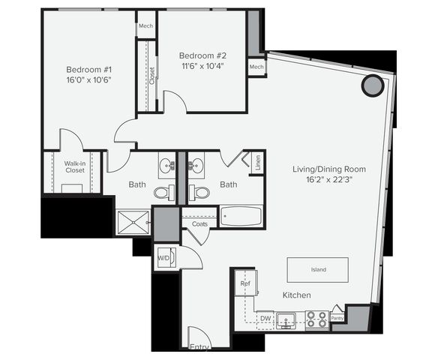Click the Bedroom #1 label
[x=88, y=70]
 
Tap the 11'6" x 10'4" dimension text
[x=202, y=67]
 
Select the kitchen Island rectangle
[x=318, y=270]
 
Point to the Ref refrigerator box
[x=246, y=283]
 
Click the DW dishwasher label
[x=265, y=319]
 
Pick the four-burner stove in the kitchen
[x=316, y=319]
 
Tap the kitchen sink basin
[x=286, y=320]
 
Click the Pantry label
[x=337, y=318]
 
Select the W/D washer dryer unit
[x=166, y=257]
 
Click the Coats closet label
[x=199, y=224]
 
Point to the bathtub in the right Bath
[x=241, y=217]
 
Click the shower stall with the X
[x=133, y=223]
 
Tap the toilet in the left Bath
[x=164, y=193]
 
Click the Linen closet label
[x=257, y=163]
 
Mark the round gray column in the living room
[x=373, y=85]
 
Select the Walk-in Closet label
[x=75, y=167]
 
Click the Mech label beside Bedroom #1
[x=145, y=26]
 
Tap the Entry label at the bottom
[x=200, y=346]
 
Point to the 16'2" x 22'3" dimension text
[x=329, y=180]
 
